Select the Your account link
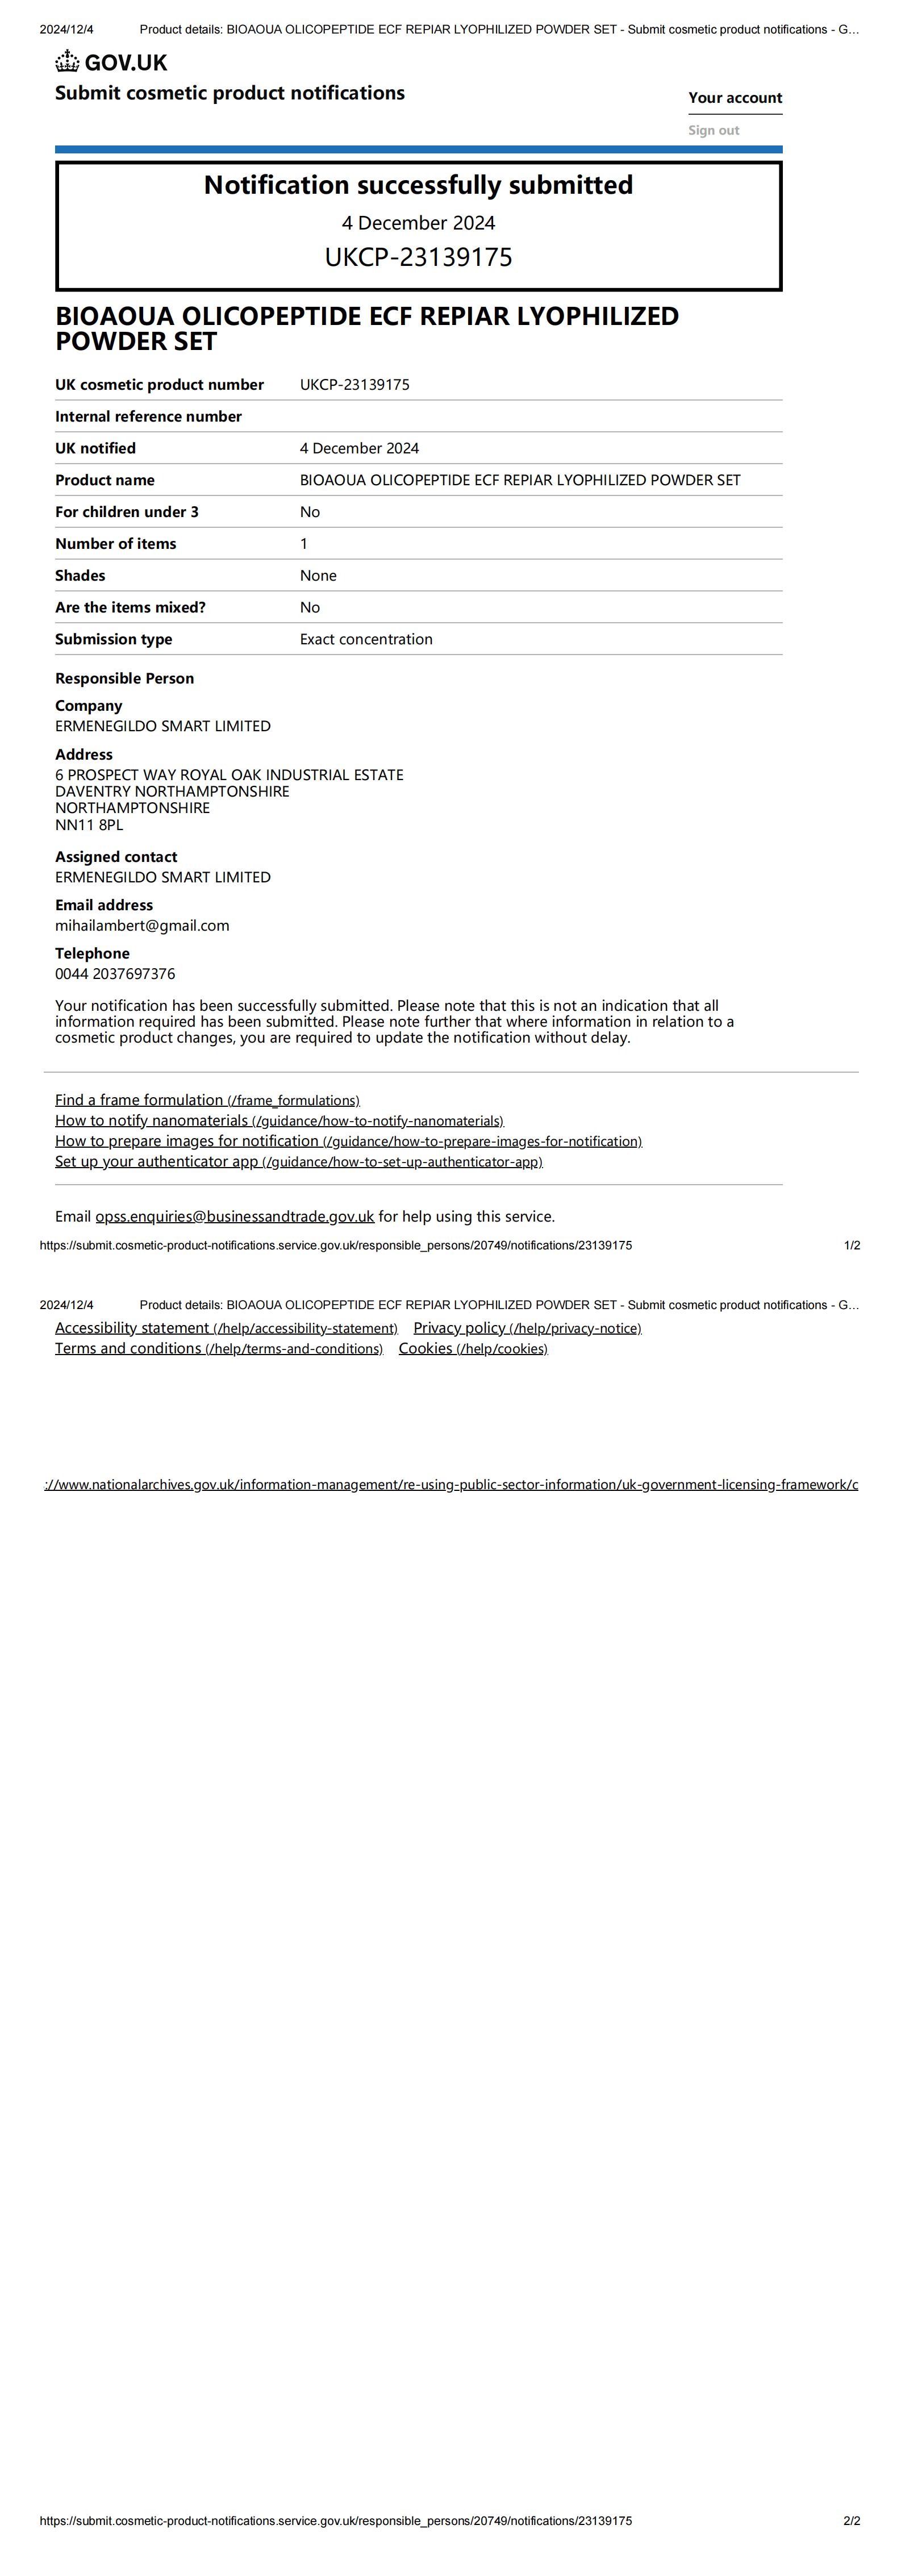point(735,98)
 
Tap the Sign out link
point(713,131)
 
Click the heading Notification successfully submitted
point(418,185)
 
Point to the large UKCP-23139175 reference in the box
point(418,257)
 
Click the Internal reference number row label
point(148,416)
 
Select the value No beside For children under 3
point(310,512)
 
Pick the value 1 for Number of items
point(304,543)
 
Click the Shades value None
point(318,575)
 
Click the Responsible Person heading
point(125,678)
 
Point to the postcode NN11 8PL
point(89,824)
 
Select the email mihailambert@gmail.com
point(141,926)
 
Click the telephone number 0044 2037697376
point(115,974)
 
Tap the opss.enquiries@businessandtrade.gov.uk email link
point(235,1216)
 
